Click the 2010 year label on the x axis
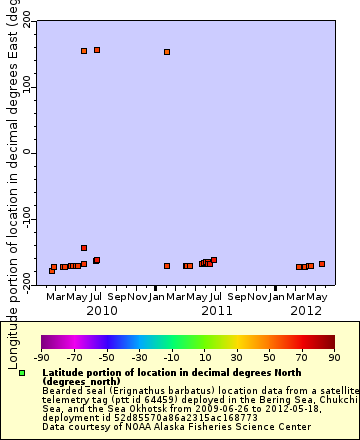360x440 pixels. tap(101, 311)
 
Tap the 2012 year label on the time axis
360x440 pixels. tap(305, 311)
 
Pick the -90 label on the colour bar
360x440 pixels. tap(41, 356)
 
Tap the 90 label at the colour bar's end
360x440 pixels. tap(333, 356)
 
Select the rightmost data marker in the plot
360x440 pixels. tap(322, 264)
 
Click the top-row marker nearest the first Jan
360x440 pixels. tap(167, 52)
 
